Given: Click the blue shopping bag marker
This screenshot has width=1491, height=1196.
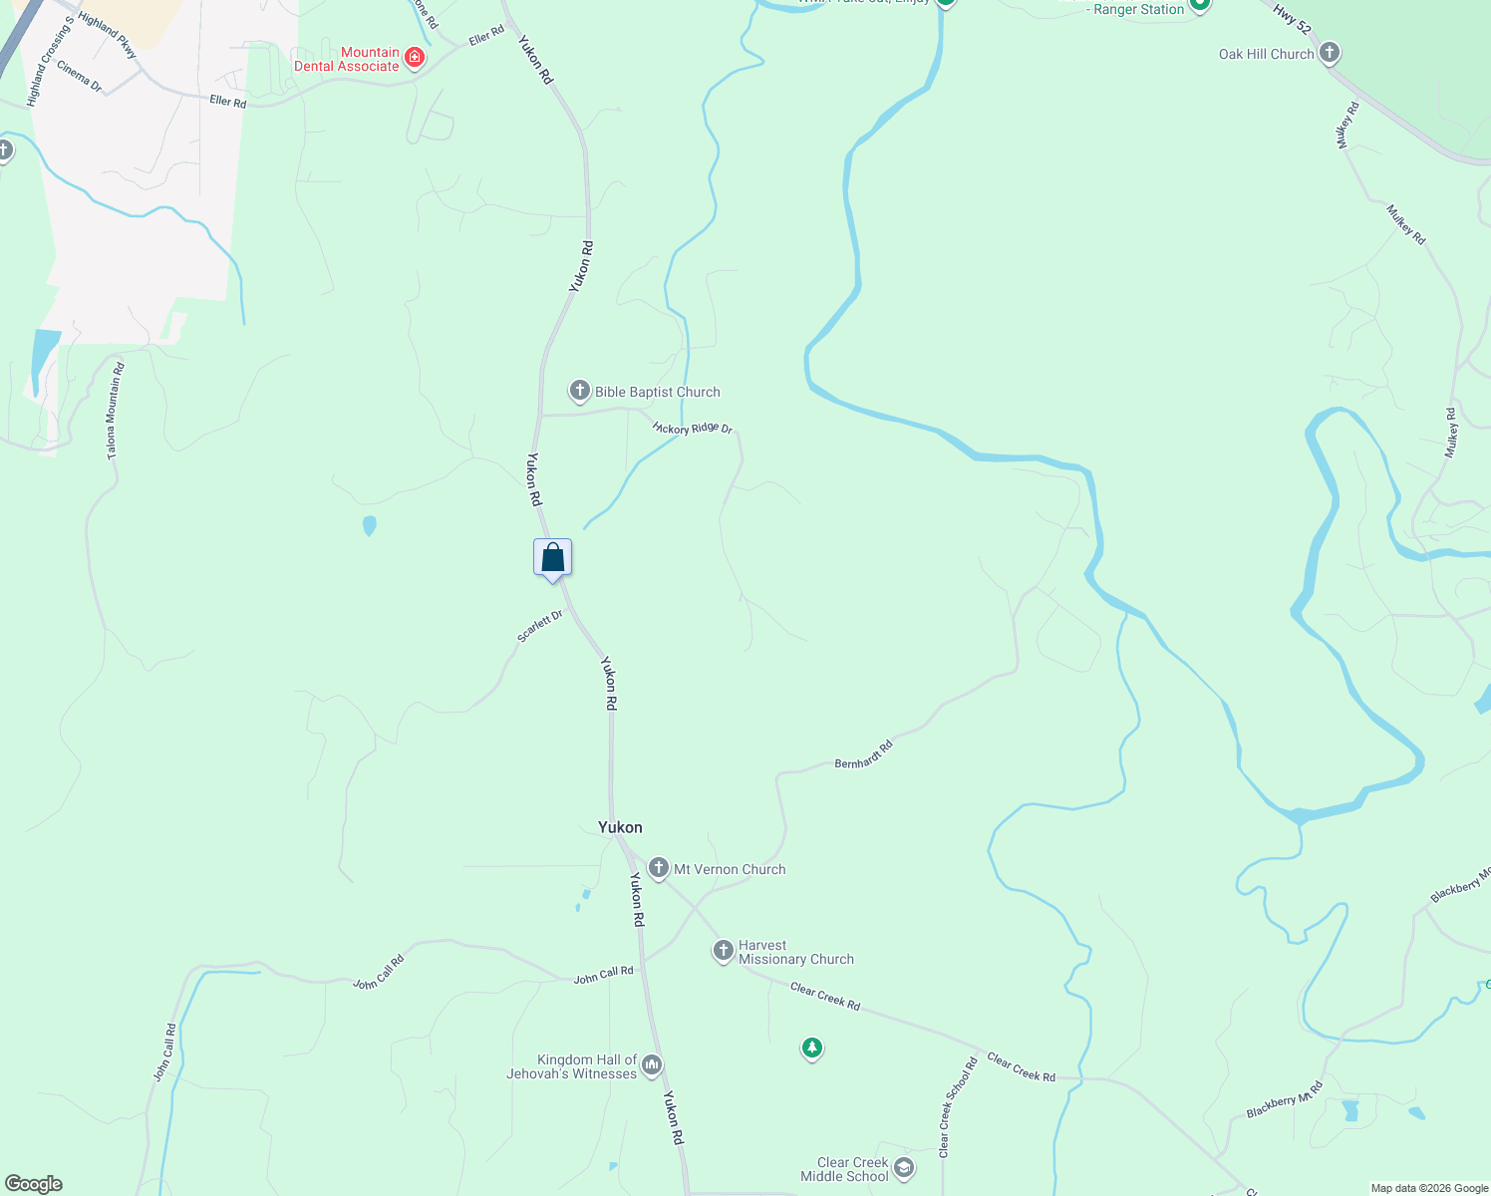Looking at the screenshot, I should pos(552,558).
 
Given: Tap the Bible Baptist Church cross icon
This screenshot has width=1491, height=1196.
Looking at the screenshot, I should pos(580,391).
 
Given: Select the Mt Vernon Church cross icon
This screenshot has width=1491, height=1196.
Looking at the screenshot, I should pos(658,868).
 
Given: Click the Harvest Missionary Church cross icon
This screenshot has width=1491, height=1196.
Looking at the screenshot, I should pos(724,951).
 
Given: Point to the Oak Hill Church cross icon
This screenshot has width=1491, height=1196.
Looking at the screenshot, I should pos(1329,53).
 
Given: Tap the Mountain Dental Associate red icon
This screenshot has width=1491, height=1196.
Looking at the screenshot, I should pos(415,58).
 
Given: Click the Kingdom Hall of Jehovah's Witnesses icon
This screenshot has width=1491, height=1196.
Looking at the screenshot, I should pos(652,1065).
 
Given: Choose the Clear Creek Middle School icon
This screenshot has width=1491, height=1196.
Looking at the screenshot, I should pos(903,1168).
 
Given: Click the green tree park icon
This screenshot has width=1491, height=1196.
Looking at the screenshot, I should pos(812,1047).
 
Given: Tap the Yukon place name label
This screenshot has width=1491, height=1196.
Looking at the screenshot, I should pos(620,827).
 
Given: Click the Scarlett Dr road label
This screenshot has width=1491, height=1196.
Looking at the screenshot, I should pos(540,626).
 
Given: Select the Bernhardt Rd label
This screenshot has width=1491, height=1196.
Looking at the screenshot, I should pos(863,753).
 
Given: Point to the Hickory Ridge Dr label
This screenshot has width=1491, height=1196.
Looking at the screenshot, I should pos(693,428).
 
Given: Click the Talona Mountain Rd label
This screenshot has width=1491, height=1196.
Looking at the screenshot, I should pos(116,411).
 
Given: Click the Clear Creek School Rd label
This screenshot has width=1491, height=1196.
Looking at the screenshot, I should pos(958,1107).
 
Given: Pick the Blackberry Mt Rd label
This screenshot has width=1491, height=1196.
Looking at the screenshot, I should pos(1285,1099).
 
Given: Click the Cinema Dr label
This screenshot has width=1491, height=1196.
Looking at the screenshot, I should pos(80,77).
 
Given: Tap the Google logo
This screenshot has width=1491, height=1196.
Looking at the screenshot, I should pos(33,1184).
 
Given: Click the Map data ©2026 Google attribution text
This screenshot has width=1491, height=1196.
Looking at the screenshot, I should pos(1429,1188).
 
